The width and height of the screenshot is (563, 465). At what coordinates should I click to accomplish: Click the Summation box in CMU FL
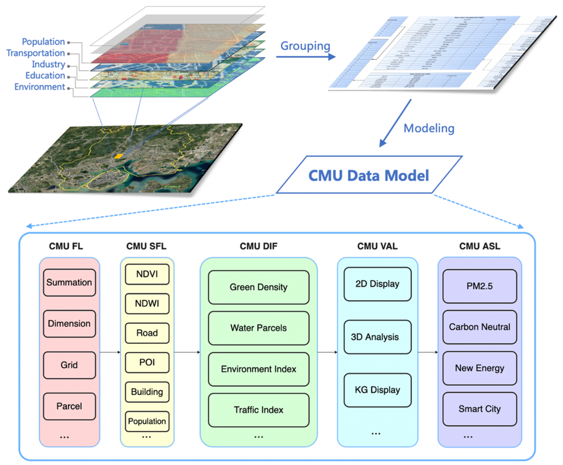(x=69, y=282)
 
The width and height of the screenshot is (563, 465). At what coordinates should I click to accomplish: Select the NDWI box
(x=147, y=304)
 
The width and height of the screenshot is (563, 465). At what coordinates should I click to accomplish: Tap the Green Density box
(x=258, y=287)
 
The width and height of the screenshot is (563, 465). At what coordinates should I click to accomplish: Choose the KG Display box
(x=377, y=390)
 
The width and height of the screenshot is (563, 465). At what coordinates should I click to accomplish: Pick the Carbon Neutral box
(x=479, y=327)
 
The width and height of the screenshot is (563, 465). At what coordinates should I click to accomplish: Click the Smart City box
(x=479, y=409)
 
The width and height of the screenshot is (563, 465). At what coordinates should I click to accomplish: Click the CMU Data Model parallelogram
(x=369, y=175)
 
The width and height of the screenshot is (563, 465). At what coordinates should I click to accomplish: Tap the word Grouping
(x=305, y=46)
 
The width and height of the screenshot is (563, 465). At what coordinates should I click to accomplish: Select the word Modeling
(x=429, y=128)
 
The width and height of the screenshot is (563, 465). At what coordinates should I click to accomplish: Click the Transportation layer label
(x=36, y=53)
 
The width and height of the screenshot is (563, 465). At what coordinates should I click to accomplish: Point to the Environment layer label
(x=40, y=87)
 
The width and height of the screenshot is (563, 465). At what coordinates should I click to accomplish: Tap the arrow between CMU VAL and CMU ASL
(x=428, y=352)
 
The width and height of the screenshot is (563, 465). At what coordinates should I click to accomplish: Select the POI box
(x=147, y=362)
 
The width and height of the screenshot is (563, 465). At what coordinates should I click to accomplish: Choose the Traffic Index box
(x=258, y=410)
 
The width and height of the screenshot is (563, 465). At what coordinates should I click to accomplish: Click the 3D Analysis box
(x=377, y=337)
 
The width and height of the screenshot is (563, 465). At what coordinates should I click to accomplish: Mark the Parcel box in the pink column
(x=69, y=406)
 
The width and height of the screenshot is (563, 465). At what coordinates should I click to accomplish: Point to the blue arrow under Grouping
(x=305, y=57)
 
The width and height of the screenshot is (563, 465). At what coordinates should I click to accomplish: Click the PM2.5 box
(x=479, y=286)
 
